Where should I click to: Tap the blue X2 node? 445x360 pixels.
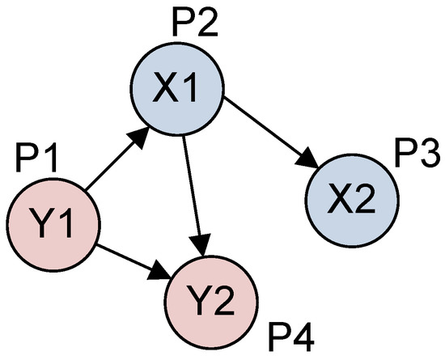[x=351, y=197]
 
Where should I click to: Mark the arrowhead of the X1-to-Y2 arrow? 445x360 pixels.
[x=203, y=243]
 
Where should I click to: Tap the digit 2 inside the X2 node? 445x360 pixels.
[x=363, y=197]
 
